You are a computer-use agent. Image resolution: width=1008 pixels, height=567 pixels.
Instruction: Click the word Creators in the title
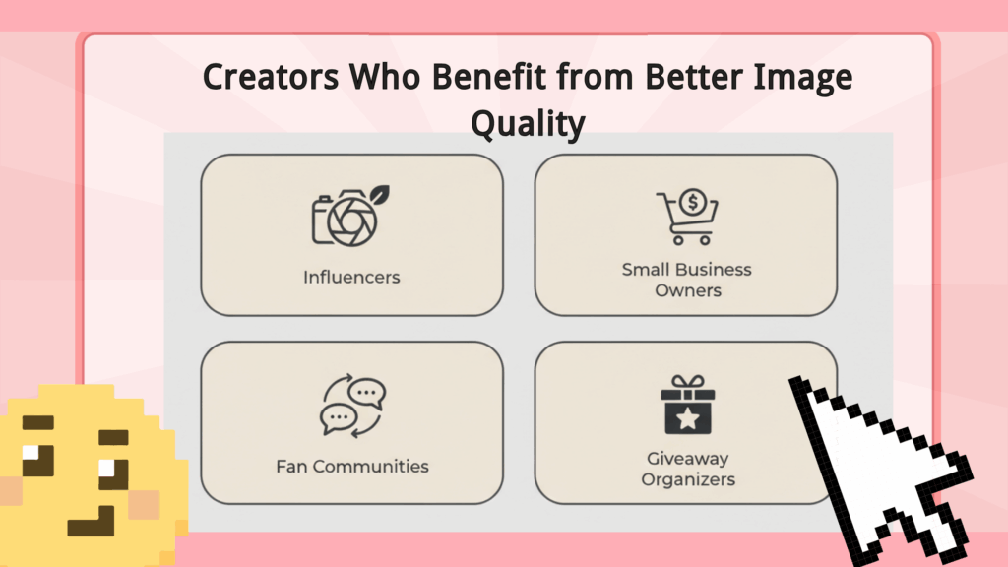click(271, 77)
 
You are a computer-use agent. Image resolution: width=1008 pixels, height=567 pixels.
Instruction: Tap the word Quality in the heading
click(528, 123)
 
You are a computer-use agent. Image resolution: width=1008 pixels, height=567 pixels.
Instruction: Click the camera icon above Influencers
click(350, 217)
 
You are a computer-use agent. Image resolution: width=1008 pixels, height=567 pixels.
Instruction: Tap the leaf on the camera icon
click(379, 194)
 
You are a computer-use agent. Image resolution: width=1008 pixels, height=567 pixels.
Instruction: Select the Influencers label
click(351, 277)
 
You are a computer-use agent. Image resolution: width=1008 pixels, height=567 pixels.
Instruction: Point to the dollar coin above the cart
click(693, 203)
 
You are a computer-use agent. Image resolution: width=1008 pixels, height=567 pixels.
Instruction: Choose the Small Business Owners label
click(687, 280)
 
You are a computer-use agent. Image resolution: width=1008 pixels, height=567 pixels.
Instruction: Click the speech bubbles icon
click(353, 406)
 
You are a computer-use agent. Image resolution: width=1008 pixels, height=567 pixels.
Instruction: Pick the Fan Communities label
click(352, 466)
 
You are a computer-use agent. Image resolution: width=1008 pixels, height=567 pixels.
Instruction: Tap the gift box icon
click(688, 405)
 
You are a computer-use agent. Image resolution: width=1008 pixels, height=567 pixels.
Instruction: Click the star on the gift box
click(688, 419)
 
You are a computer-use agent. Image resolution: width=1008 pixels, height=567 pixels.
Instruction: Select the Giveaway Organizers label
click(688, 469)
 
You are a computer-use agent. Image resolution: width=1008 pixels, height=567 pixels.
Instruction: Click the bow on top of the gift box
click(688, 382)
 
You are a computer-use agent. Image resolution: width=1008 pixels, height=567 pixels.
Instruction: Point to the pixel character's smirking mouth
click(92, 522)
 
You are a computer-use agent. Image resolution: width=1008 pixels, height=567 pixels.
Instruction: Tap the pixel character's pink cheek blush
click(144, 505)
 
